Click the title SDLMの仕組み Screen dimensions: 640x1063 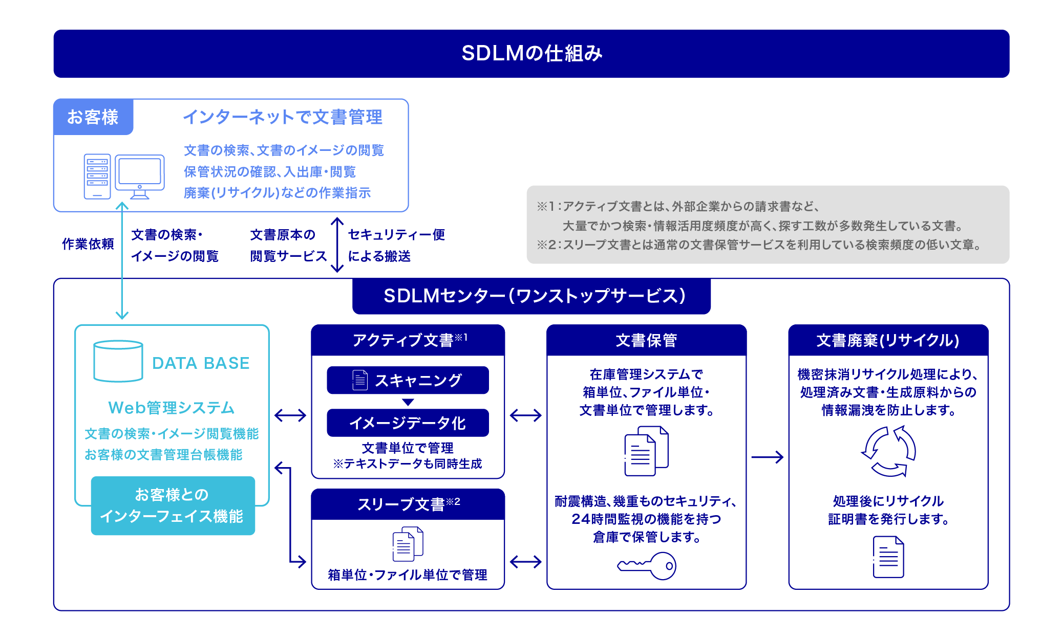pos(531,53)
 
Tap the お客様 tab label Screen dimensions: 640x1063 pos(93,117)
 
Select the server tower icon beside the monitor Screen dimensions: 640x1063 pos(97,176)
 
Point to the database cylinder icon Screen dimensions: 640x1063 pos(118,361)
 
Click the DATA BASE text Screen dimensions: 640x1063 pos(201,363)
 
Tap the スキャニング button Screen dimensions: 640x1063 pos(408,380)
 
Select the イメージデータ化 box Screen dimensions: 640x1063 pos(408,423)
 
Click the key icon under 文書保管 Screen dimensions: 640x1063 pos(647,566)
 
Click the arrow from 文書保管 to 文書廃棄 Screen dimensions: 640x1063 pos(767,457)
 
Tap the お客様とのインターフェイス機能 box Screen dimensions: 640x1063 pos(173,505)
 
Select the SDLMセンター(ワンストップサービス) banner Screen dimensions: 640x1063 pos(531,296)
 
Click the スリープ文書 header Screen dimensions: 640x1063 pos(408,504)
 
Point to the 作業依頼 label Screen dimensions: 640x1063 pos(88,244)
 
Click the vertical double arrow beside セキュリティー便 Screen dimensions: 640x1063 pos(337,245)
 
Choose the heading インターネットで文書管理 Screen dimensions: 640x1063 pos(283,117)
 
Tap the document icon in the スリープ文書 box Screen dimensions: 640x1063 pos(408,544)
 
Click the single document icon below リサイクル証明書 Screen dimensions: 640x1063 pos(888,557)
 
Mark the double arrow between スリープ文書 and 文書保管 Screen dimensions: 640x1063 pos(526,562)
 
